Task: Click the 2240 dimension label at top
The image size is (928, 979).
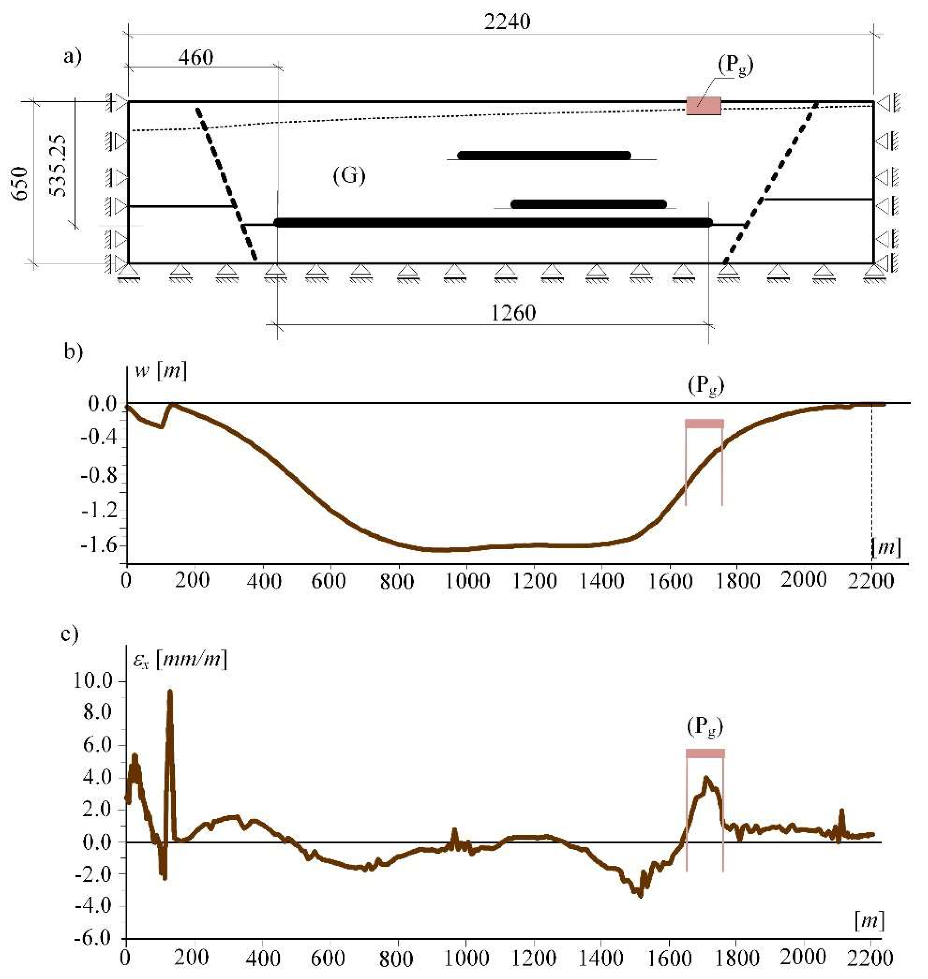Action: pyautogui.click(x=507, y=22)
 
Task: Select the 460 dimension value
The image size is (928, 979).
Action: pyautogui.click(x=196, y=58)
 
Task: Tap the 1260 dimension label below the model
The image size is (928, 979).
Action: pyautogui.click(x=513, y=313)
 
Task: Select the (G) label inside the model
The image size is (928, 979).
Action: pyautogui.click(x=349, y=176)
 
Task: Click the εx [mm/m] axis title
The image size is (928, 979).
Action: pyautogui.click(x=180, y=659)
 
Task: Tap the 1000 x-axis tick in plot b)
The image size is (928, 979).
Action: pyautogui.click(x=467, y=580)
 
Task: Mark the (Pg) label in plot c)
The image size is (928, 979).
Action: pyautogui.click(x=705, y=728)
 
